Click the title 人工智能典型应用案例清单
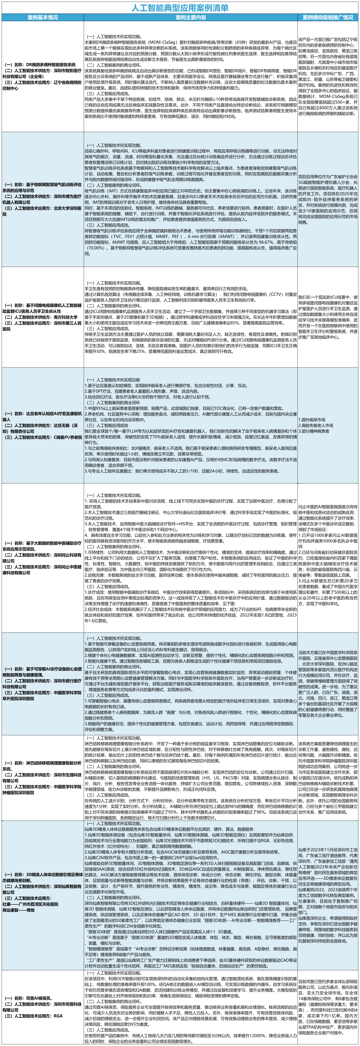(180, 8)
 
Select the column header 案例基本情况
(43, 17)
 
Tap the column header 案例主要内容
(191, 17)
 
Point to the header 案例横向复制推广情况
(328, 17)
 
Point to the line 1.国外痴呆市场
(312, 419)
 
